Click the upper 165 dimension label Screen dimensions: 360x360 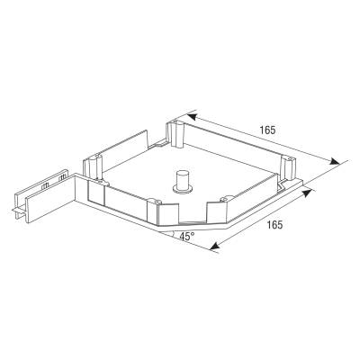(267, 130)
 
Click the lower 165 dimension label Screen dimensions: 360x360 (274, 224)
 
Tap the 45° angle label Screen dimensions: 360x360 (187, 237)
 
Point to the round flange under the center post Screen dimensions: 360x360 (182, 189)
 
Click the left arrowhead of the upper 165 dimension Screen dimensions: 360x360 (192, 117)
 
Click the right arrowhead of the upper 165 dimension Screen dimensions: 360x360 (335, 161)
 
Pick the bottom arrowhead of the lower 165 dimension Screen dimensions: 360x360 (214, 247)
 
